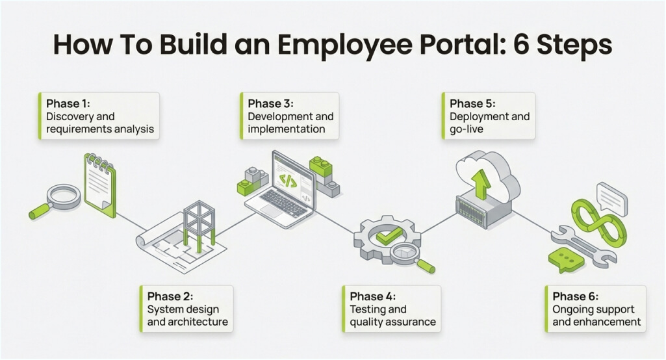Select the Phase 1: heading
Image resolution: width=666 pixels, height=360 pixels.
click(70, 103)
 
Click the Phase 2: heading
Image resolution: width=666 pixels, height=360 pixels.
click(170, 296)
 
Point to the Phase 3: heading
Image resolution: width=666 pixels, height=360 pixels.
click(271, 103)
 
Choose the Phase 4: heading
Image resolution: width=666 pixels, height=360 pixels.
click(372, 296)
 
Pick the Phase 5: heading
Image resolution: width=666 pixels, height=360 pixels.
click(473, 103)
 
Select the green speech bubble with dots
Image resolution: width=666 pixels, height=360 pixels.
click(565, 259)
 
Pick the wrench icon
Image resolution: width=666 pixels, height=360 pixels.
click(583, 245)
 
